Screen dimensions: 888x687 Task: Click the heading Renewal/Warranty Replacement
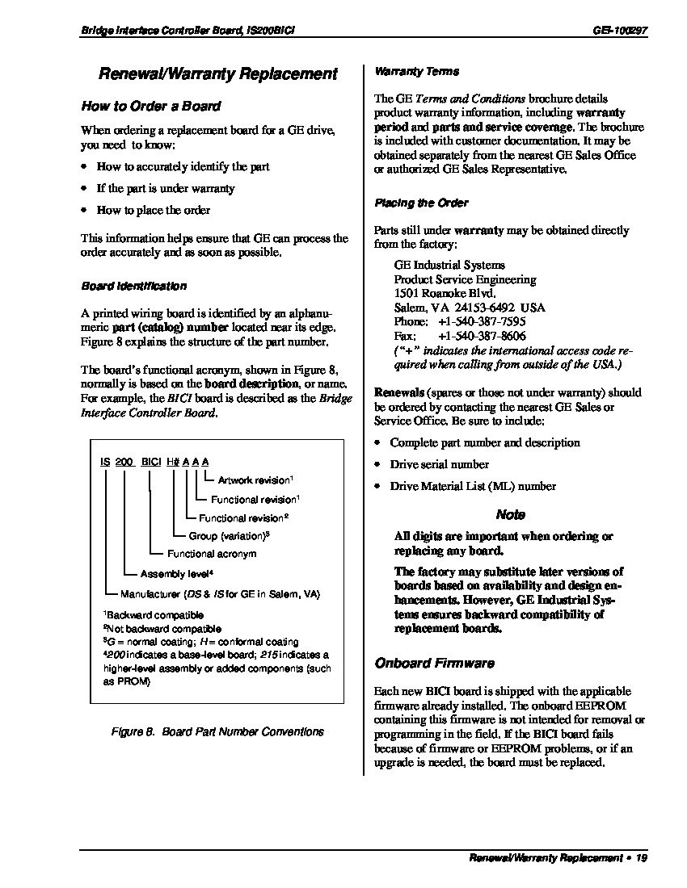click(217, 74)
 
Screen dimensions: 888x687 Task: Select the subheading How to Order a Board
click(150, 106)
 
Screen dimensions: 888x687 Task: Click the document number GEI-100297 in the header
click(620, 31)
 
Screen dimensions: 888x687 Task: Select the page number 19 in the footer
click(642, 858)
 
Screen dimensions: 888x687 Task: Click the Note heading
click(510, 514)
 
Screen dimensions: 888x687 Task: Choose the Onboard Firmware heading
click(434, 663)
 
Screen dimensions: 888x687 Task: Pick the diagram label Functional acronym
click(212, 554)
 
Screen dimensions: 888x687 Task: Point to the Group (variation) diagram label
click(228, 536)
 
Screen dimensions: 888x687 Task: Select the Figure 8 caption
click(217, 731)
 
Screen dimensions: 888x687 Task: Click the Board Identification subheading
click(133, 286)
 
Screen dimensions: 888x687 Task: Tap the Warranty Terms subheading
click(416, 71)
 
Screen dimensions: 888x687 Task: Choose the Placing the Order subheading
click(421, 203)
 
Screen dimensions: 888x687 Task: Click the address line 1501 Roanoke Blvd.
click(445, 293)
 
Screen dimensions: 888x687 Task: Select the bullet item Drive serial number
click(439, 464)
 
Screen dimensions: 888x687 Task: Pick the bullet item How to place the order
click(153, 210)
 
